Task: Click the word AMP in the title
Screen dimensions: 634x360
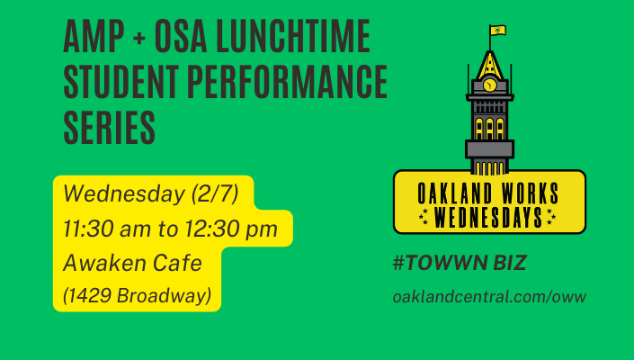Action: pos(94,36)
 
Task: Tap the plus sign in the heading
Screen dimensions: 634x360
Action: pos(138,38)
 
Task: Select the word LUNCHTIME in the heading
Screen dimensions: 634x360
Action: pos(293,36)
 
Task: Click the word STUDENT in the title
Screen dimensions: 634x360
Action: pos(121,82)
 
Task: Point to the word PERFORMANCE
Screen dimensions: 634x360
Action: pos(287,82)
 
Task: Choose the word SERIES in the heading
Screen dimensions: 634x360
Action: pos(109,128)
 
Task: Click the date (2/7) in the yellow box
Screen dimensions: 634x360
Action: pos(215,193)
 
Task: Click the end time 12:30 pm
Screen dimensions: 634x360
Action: pos(231,229)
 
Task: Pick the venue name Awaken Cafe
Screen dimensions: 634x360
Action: pos(132,263)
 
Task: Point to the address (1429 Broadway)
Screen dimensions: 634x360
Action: pos(137,296)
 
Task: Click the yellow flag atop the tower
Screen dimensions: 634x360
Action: pos(497,31)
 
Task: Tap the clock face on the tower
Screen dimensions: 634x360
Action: pos(489,85)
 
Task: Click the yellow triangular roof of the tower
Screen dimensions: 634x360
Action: pos(489,66)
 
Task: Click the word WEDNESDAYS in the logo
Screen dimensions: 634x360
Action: pos(488,217)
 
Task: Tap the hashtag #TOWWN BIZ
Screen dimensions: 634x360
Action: pos(460,263)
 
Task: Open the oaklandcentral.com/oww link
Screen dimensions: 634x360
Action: pos(489,297)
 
